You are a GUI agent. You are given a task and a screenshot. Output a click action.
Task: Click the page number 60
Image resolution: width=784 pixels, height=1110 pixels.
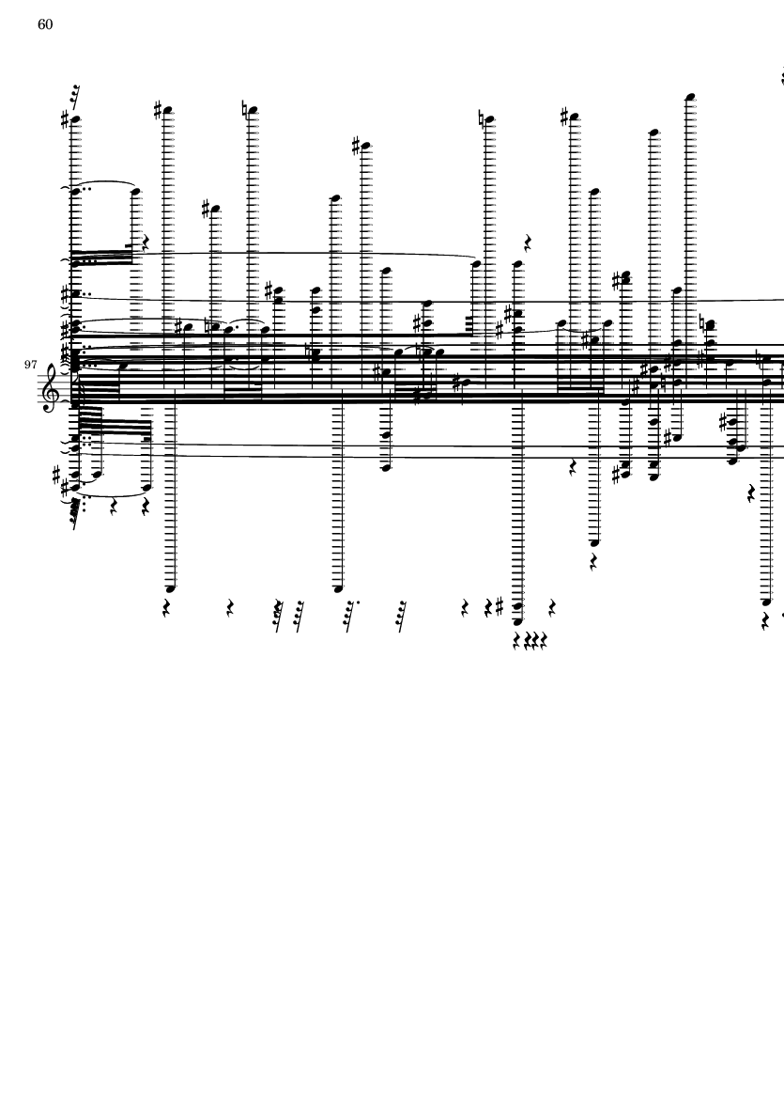click(44, 24)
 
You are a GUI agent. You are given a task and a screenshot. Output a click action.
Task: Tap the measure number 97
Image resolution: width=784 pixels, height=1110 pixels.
click(30, 365)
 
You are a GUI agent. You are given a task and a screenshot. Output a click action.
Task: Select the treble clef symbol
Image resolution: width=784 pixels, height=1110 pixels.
click(50, 385)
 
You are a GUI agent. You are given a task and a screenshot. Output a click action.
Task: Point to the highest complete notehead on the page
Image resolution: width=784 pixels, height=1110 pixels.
click(691, 96)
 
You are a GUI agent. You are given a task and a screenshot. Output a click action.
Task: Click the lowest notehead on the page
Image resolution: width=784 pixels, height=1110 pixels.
click(517, 621)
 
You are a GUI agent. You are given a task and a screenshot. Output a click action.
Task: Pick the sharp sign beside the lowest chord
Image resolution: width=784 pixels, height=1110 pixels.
click(500, 606)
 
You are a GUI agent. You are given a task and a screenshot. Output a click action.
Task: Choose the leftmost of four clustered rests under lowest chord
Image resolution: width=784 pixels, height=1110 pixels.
click(517, 641)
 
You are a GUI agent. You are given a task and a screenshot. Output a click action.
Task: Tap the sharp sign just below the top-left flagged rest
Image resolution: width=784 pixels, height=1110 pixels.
click(65, 120)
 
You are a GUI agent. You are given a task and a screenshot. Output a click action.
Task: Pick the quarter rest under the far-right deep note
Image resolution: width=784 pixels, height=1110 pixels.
click(765, 621)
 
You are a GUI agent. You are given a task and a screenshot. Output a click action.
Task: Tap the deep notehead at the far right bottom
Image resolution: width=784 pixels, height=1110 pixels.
click(766, 602)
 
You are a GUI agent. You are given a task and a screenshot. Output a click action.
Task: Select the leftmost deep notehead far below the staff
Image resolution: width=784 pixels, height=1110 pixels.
click(170, 588)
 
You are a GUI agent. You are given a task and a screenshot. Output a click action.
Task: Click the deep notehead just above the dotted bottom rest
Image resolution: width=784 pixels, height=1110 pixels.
click(338, 588)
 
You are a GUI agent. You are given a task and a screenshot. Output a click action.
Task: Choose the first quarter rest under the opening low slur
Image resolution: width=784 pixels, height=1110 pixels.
click(113, 507)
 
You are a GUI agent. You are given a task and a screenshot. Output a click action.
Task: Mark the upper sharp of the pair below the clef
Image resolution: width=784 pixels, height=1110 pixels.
click(56, 474)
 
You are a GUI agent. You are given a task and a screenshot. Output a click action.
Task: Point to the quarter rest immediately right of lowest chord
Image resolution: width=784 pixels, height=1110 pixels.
click(552, 608)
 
